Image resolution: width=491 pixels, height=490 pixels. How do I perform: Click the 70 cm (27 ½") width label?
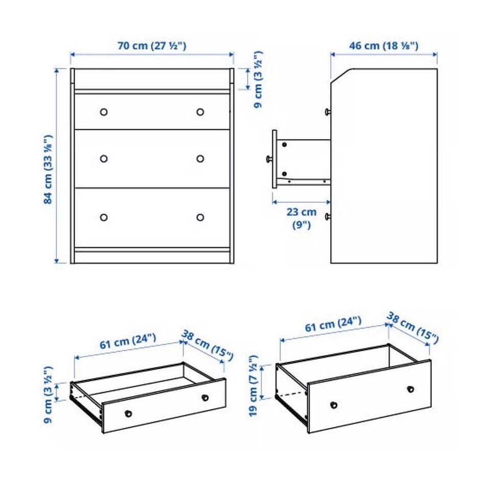(152, 45)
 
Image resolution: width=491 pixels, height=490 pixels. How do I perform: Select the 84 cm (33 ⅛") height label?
(48, 169)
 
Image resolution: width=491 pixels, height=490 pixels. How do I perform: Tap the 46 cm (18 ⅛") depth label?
(384, 45)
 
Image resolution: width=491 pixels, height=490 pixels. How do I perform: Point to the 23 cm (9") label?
(301, 218)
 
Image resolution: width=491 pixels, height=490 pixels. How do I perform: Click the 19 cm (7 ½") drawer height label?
(253, 385)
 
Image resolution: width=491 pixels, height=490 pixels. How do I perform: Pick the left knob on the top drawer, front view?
(104, 112)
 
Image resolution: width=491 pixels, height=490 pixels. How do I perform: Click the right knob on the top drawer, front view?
(200, 112)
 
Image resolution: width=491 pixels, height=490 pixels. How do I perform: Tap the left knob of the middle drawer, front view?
(104, 158)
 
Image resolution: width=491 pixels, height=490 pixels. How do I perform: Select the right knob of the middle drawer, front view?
(200, 158)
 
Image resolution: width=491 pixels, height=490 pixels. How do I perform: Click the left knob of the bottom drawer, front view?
(104, 217)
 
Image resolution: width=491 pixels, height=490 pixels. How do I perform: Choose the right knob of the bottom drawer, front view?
(200, 217)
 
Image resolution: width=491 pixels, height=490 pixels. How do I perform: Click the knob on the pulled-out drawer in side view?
(269, 159)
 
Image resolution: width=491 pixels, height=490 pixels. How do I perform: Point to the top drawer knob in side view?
(327, 111)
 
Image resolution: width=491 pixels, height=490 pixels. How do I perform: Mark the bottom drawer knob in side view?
(327, 217)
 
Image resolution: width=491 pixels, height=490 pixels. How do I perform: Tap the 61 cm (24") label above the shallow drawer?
(128, 341)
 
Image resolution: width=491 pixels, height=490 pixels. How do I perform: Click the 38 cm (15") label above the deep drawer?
(413, 327)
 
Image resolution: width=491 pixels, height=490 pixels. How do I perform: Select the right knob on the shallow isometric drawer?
(205, 398)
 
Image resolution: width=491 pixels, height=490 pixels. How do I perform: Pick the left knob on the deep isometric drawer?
(334, 405)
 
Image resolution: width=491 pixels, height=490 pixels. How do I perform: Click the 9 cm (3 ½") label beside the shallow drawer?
(48, 394)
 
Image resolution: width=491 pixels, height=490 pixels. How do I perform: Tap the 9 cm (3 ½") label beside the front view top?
(258, 80)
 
